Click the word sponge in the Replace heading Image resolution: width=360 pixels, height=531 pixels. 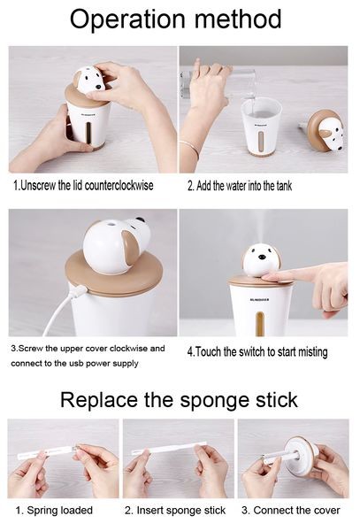(x=215, y=401)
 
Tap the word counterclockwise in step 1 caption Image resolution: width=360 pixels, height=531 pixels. (x=119, y=185)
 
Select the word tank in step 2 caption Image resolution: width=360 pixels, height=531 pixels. (x=284, y=186)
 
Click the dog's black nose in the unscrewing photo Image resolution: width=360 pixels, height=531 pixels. (x=98, y=87)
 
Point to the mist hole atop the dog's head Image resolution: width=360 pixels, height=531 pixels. (x=110, y=223)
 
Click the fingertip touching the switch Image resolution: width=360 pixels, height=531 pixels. (x=268, y=277)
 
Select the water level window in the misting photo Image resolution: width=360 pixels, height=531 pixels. (x=259, y=323)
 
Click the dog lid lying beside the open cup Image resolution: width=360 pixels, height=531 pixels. (x=325, y=130)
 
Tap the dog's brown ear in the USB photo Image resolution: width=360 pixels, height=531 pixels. (x=131, y=246)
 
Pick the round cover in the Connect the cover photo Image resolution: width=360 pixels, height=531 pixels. (x=298, y=456)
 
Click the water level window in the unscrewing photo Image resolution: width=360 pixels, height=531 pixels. (x=88, y=133)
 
